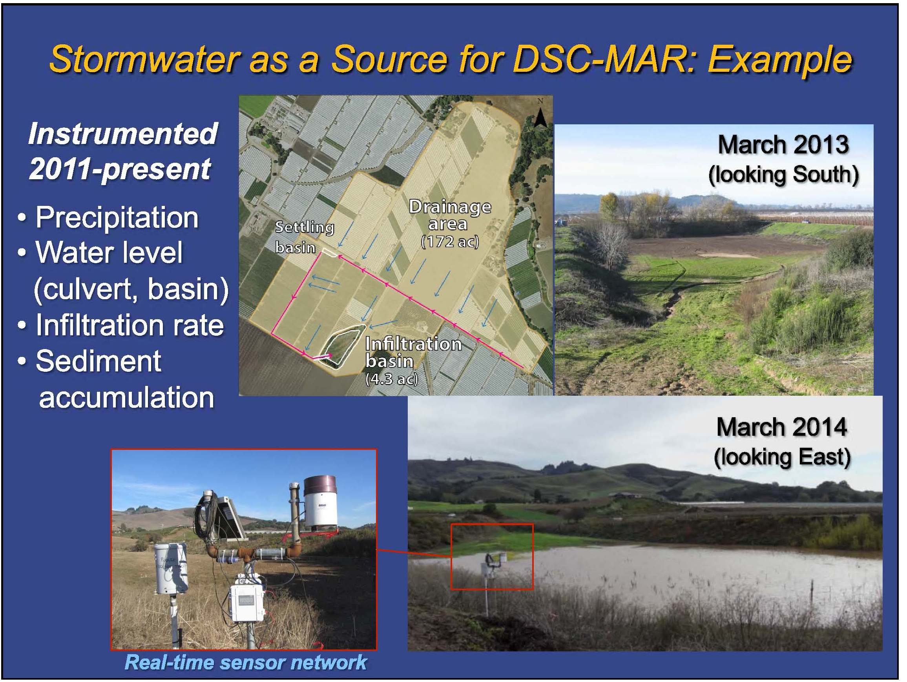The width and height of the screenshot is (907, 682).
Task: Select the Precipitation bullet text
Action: coord(117,218)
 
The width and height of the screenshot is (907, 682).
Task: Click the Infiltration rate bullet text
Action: coord(130,325)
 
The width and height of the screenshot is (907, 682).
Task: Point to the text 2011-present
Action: coord(120,169)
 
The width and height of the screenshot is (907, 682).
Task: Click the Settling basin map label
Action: coord(304,237)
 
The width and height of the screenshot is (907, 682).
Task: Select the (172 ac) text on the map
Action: coord(450,242)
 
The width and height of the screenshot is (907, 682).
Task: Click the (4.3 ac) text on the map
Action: coord(392,379)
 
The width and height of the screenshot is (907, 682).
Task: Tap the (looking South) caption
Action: coord(784,175)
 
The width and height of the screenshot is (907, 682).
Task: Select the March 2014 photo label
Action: coord(782,427)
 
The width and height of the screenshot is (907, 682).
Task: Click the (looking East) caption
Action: coord(782,457)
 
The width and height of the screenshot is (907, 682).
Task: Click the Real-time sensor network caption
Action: coord(245,663)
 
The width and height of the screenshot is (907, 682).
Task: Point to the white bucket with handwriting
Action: coord(171,568)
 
